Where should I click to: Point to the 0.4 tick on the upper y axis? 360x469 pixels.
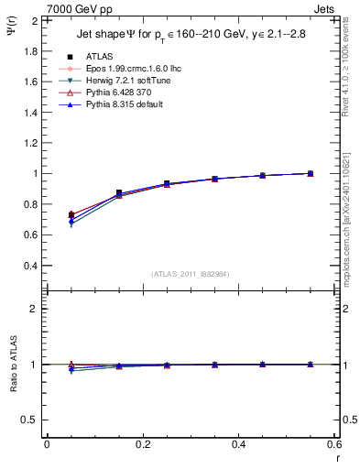point(31,266)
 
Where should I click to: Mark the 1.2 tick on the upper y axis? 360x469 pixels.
point(31,143)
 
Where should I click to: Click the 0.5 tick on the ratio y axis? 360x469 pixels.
point(31,420)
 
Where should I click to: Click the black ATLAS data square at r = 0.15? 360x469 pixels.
point(119,193)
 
